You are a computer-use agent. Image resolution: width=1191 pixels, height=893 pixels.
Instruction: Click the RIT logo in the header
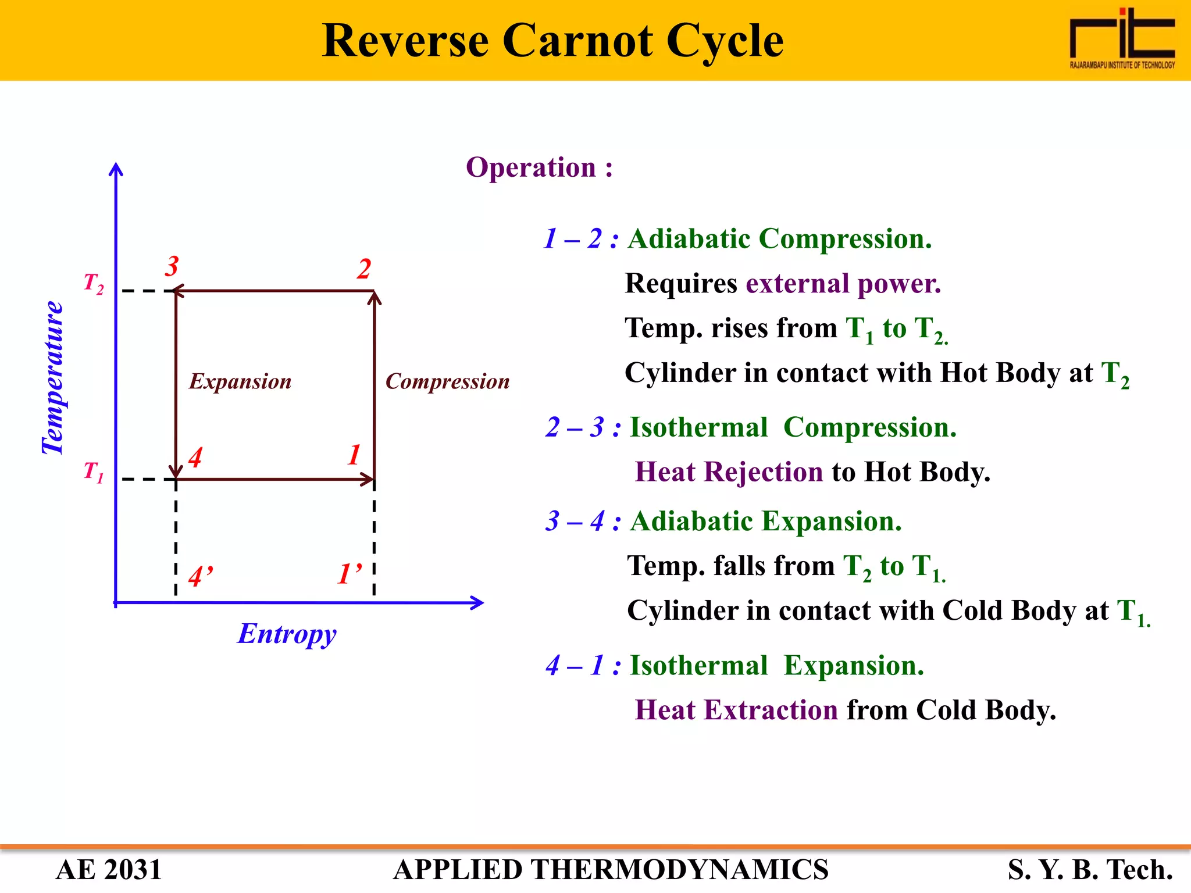point(1122,38)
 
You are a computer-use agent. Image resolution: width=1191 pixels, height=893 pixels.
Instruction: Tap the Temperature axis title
point(53,378)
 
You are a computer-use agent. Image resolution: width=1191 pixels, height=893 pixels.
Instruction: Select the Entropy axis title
point(287,634)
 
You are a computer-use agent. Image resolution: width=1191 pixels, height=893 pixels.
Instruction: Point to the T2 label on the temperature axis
point(94,283)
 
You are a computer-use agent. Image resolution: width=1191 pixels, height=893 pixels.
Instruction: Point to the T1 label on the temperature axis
point(94,471)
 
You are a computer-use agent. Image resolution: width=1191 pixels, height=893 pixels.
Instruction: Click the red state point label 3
point(171,267)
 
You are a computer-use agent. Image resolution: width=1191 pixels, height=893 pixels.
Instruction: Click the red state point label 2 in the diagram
point(364,269)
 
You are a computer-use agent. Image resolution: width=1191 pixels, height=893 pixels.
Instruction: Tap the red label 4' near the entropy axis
point(201,576)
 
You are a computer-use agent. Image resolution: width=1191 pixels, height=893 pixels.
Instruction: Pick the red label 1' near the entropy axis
point(350,574)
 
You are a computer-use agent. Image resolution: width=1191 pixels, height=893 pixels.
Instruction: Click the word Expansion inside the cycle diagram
point(240,381)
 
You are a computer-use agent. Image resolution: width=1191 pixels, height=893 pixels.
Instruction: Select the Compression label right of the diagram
point(447,381)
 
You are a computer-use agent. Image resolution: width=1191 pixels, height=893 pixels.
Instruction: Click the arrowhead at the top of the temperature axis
point(116,169)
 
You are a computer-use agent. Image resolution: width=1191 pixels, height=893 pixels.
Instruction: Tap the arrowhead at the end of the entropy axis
point(477,603)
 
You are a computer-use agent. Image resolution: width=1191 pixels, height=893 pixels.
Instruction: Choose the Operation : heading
point(539,167)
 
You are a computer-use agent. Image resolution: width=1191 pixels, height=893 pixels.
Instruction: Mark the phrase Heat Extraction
point(736,710)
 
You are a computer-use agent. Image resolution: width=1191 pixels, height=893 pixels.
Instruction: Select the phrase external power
point(843,284)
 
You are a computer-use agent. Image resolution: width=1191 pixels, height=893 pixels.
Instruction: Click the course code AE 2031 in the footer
point(109,870)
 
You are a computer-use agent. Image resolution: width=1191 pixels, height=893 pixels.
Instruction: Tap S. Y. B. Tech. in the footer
point(1090,870)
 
